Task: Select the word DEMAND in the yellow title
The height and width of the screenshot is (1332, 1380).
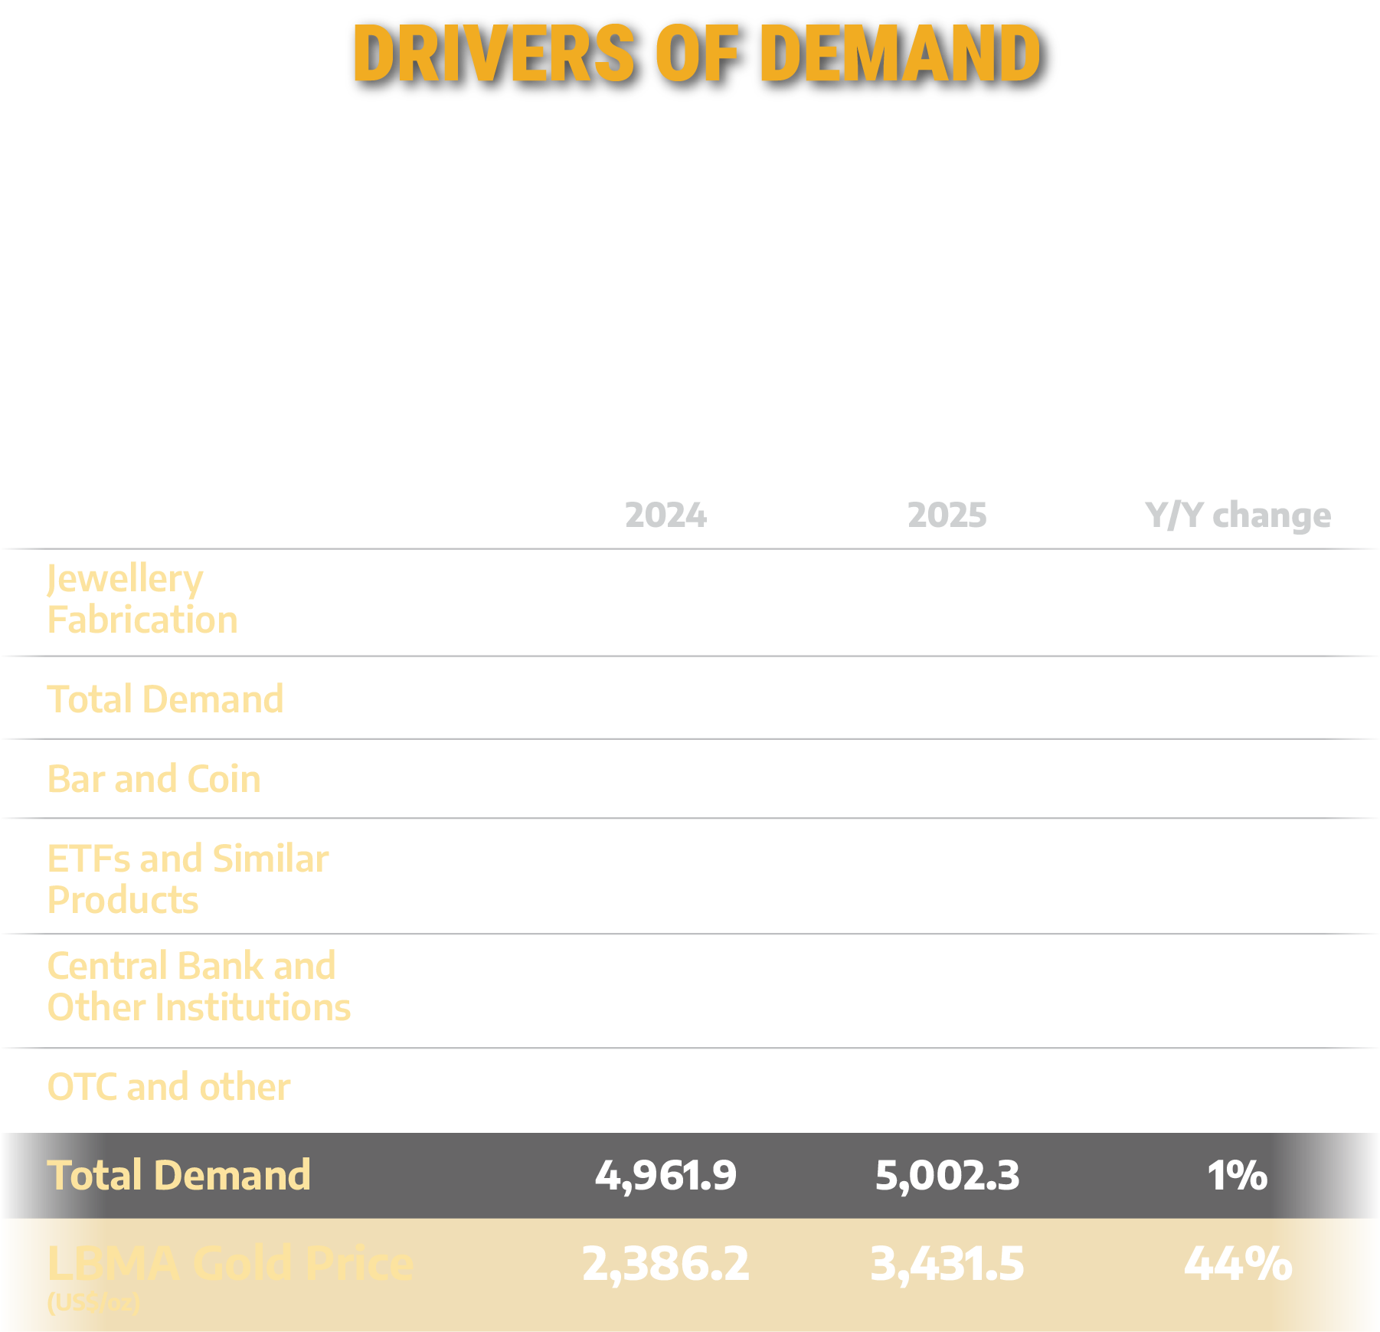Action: (901, 53)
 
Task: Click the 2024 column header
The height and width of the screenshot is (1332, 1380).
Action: (665, 515)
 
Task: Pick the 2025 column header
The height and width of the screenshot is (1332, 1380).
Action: (947, 515)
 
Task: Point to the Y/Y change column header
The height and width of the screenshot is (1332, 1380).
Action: (1238, 515)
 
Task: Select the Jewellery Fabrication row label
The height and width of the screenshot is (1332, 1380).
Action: (142, 599)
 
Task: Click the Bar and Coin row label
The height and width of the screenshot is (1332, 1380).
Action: (154, 779)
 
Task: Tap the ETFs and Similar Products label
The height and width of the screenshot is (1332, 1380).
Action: (188, 879)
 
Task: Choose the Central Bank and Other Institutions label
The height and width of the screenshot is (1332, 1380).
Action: (198, 987)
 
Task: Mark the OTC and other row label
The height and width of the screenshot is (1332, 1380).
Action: (168, 1087)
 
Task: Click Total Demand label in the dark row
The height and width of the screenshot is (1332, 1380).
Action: (178, 1175)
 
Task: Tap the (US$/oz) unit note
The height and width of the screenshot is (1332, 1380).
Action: (93, 1302)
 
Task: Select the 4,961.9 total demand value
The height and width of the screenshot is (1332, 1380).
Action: (665, 1175)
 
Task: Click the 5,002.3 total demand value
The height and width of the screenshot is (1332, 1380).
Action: (947, 1175)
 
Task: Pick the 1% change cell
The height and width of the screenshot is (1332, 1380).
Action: (1237, 1175)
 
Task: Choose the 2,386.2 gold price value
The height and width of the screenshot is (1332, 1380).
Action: (665, 1264)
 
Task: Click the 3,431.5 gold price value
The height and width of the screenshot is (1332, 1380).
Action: (947, 1264)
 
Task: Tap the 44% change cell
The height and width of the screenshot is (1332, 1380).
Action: (1238, 1264)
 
